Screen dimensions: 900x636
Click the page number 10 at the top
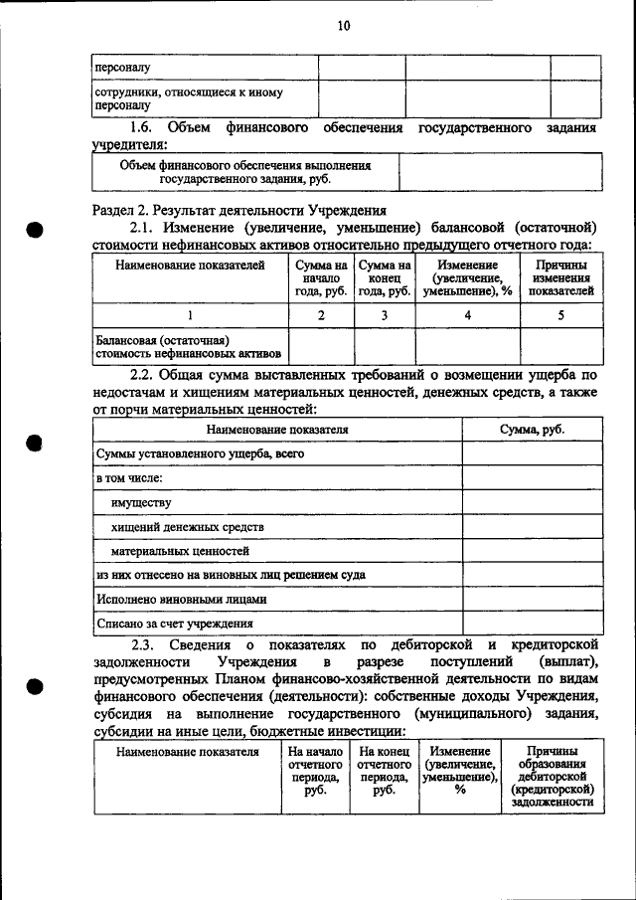343,26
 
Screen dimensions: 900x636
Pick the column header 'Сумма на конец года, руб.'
385,278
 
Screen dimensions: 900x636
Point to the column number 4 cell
467,315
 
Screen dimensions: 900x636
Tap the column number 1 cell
189,315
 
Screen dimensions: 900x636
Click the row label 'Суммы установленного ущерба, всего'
200,453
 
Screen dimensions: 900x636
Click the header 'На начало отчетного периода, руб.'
316,772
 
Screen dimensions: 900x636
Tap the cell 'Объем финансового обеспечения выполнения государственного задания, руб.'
244,172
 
